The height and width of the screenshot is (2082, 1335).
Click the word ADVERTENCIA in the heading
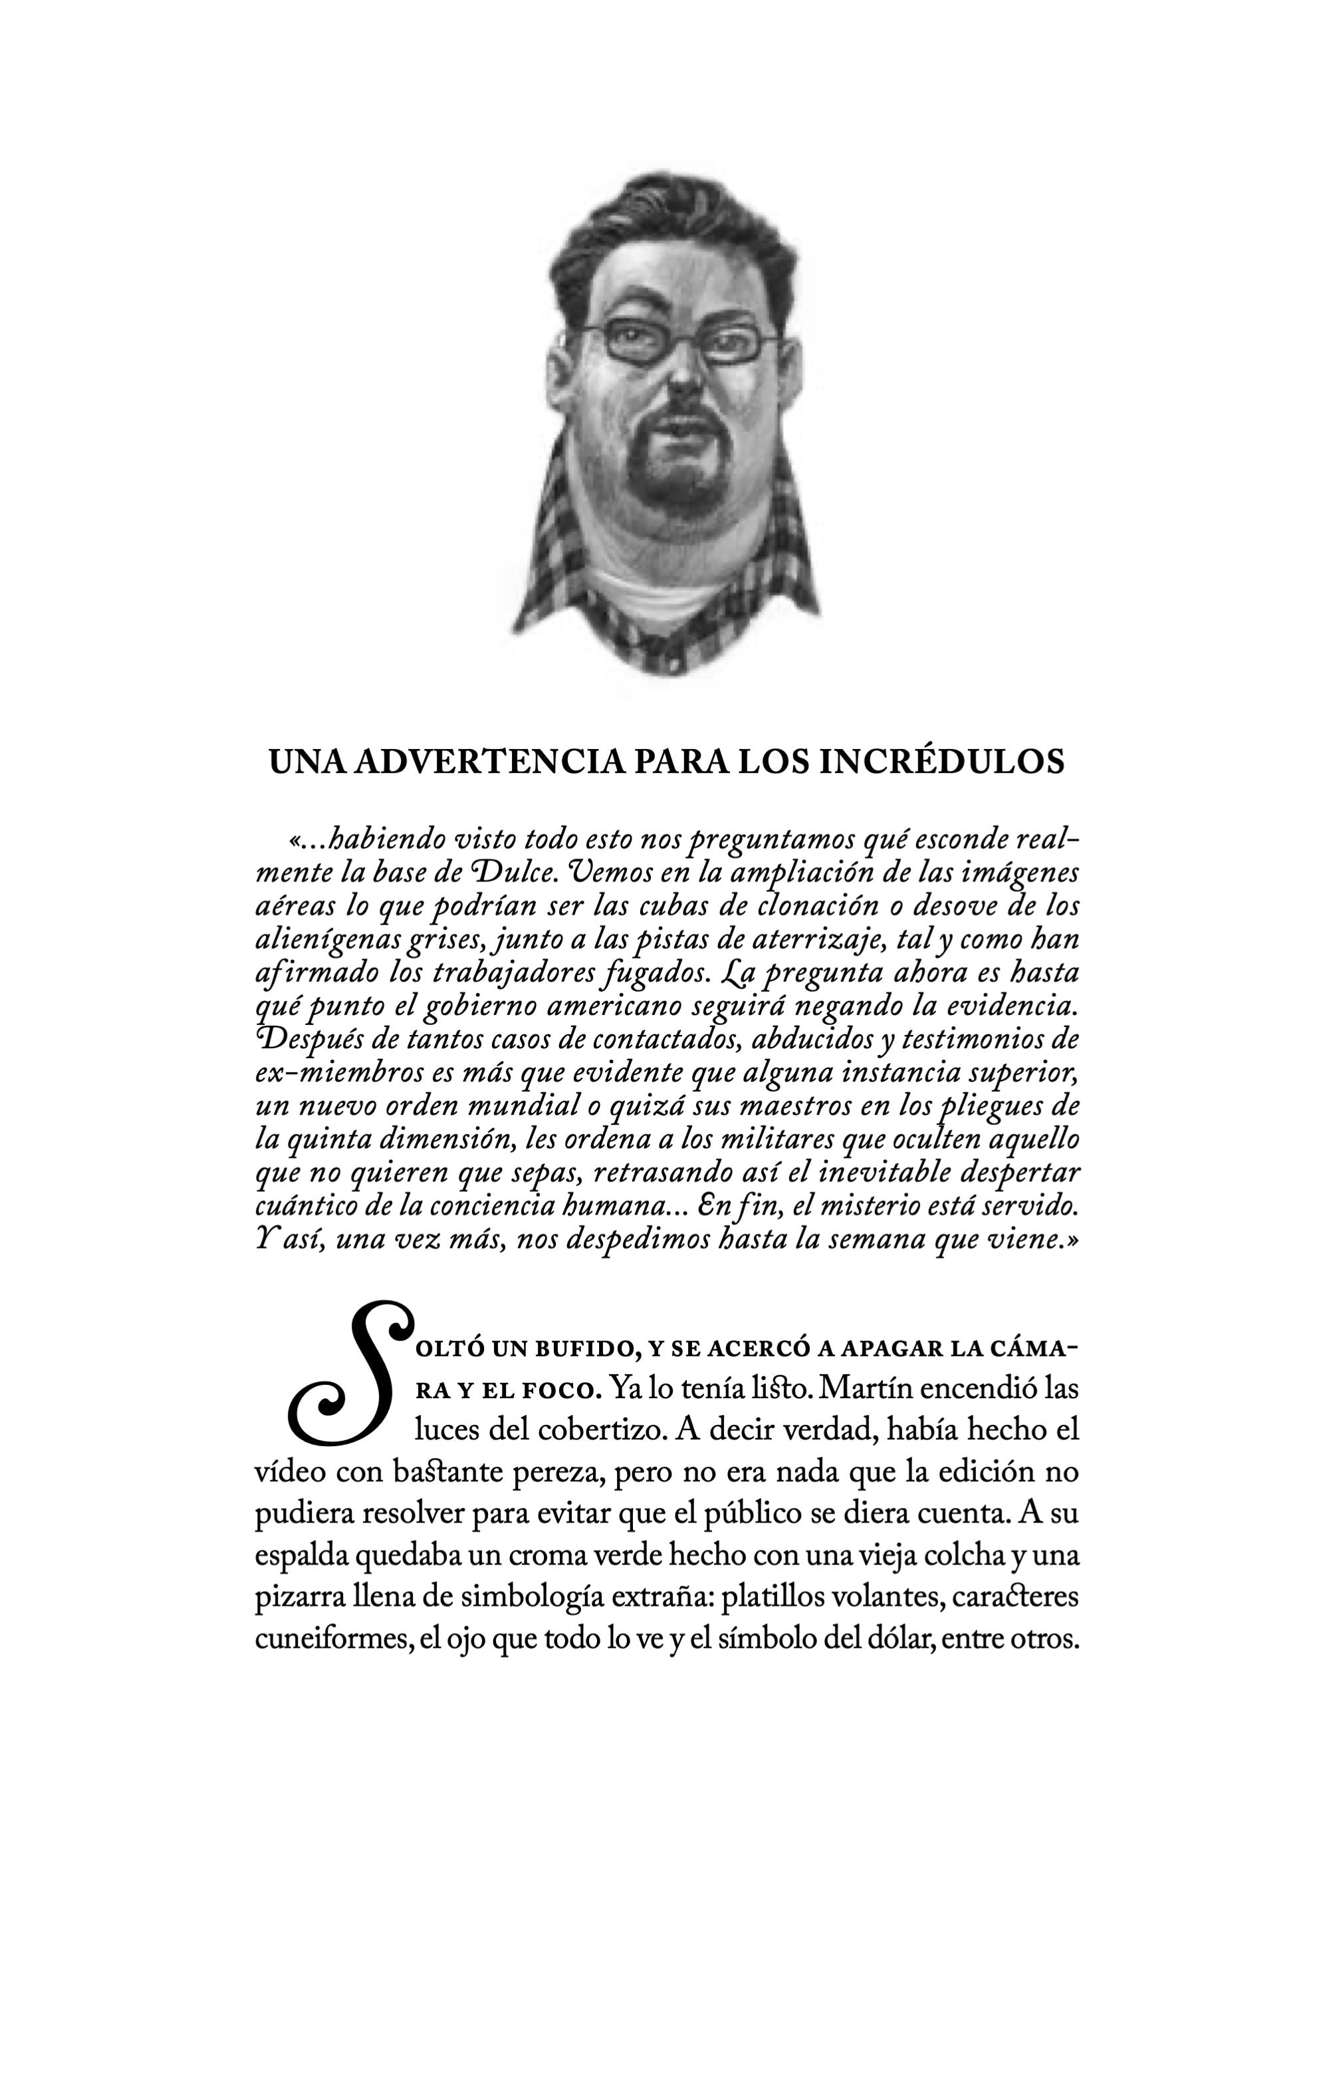click(x=490, y=762)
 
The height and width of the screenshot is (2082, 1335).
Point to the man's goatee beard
click(x=672, y=486)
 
